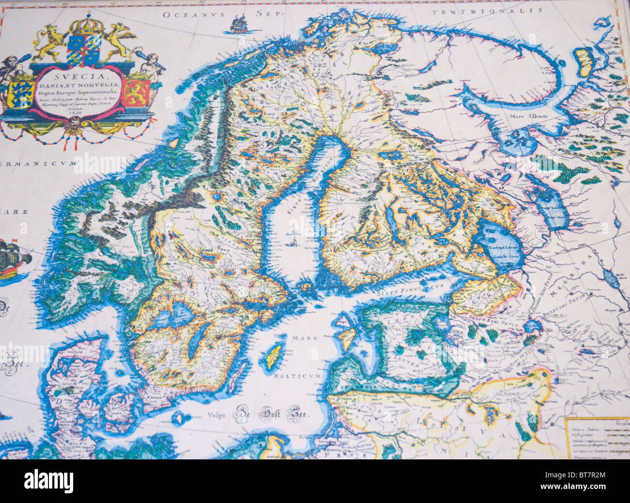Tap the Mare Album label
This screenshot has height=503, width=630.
pyautogui.click(x=528, y=116)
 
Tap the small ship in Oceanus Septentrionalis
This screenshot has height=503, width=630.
pyautogui.click(x=238, y=24)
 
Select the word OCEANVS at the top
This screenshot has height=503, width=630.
pyautogui.click(x=194, y=15)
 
